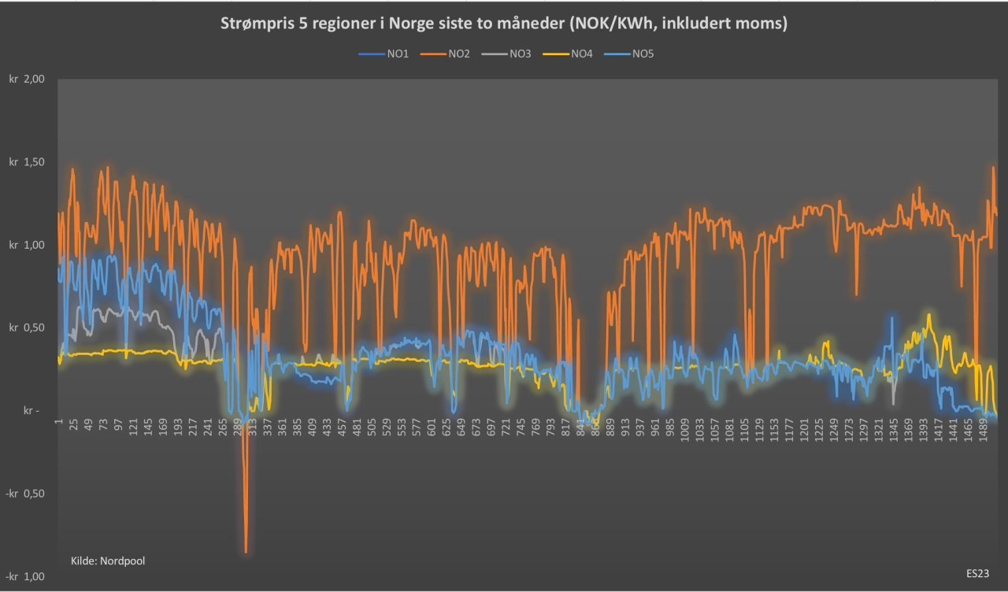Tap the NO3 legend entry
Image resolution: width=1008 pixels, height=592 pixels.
tap(520, 54)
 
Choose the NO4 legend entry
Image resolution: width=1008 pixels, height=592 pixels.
tap(581, 54)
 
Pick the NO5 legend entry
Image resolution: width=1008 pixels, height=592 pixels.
tap(643, 54)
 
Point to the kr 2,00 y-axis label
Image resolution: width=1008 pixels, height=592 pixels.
tap(27, 80)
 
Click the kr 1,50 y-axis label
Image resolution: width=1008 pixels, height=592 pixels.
tap(27, 162)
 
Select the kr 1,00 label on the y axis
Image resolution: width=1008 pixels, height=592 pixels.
tap(27, 245)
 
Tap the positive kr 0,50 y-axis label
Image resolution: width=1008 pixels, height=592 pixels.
tap(27, 327)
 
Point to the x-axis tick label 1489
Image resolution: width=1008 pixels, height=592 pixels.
tap(984, 431)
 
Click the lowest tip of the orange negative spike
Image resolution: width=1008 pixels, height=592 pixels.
tap(246, 552)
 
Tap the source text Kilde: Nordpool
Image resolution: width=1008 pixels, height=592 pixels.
tap(108, 561)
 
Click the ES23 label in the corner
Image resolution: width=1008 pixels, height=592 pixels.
tap(977, 574)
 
